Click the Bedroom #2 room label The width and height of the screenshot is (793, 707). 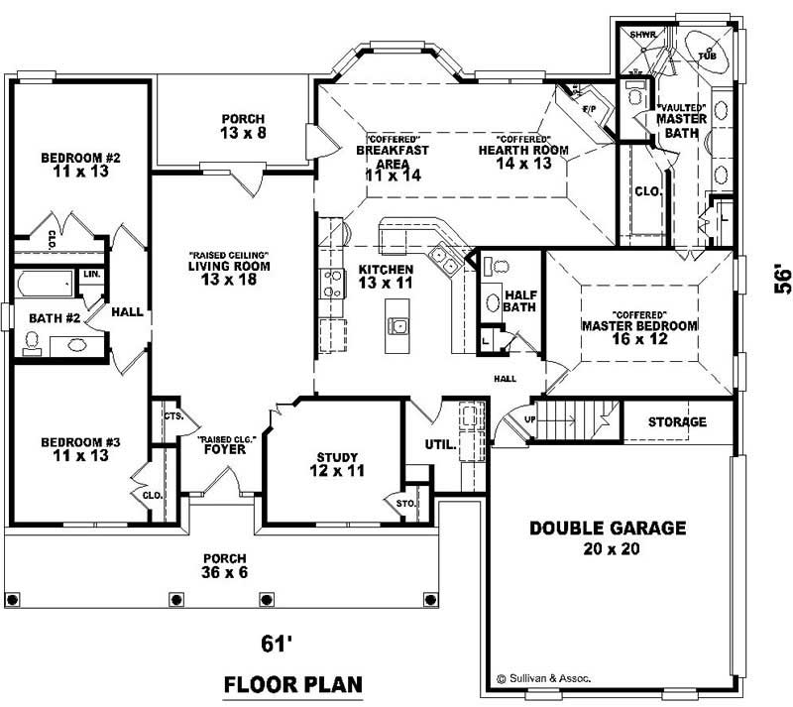point(79,158)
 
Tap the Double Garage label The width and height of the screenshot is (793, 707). point(607,529)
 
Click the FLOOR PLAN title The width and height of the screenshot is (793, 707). point(292,684)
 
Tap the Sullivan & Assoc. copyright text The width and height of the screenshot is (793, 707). point(542,678)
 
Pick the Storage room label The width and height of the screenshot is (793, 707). point(677,422)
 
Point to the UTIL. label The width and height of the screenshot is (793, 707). point(440,444)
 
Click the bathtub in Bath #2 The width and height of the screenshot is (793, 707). point(45,286)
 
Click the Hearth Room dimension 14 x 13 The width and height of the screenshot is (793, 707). point(523,164)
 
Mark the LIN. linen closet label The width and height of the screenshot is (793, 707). point(91,274)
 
